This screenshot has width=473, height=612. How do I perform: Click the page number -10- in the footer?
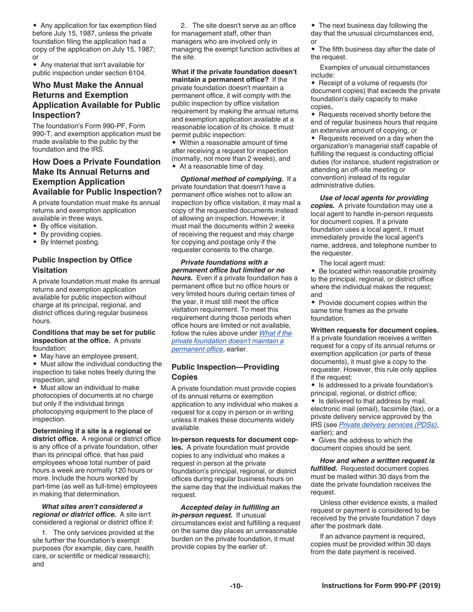(x=236, y=586)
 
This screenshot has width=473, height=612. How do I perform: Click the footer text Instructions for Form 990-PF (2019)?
(x=381, y=586)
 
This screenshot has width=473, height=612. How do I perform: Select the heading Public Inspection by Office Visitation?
(x=82, y=265)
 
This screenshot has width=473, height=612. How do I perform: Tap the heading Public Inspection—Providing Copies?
(x=225, y=372)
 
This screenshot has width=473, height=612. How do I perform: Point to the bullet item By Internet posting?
(x=69, y=242)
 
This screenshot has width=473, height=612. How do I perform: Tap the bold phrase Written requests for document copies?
(x=374, y=330)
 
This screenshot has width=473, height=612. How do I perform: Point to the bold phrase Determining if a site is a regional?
(x=92, y=430)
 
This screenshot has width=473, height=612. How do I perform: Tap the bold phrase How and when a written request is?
(x=377, y=460)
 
